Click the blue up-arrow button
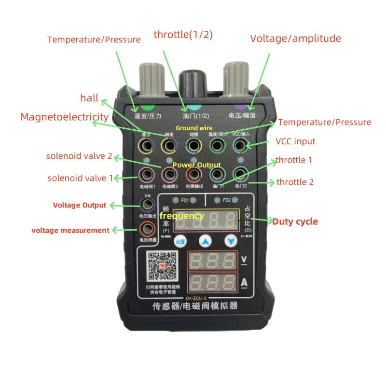pyautogui.click(x=206, y=241)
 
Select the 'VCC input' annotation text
pyautogui.click(x=295, y=141)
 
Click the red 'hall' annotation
pyautogui.click(x=89, y=98)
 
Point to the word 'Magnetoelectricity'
pyautogui.click(x=64, y=117)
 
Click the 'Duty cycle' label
pyautogui.click(x=295, y=221)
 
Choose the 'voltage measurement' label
pyautogui.click(x=70, y=231)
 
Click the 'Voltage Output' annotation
pyautogui.click(x=80, y=205)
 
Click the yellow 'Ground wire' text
pyautogui.click(x=194, y=128)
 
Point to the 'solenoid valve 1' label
pyautogui.click(x=80, y=178)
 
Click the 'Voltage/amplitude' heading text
pyautogui.click(x=295, y=39)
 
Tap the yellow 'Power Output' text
pyautogui.click(x=196, y=165)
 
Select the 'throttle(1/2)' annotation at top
pyautogui.click(x=183, y=35)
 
